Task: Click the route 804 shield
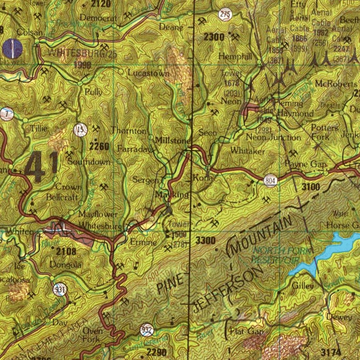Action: (270, 181)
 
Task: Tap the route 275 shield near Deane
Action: (225, 14)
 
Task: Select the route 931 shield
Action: (60, 290)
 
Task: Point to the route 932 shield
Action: (147, 330)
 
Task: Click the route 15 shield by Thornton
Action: (81, 130)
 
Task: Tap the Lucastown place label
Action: (149, 73)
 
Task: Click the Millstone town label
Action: (173, 140)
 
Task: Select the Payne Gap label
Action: (306, 164)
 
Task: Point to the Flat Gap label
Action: (246, 331)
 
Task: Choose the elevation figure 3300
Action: (205, 241)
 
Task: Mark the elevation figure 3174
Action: (331, 352)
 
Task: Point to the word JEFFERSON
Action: (228, 288)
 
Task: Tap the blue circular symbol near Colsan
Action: (12, 48)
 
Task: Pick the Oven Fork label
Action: (93, 335)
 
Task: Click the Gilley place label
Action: (303, 286)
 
